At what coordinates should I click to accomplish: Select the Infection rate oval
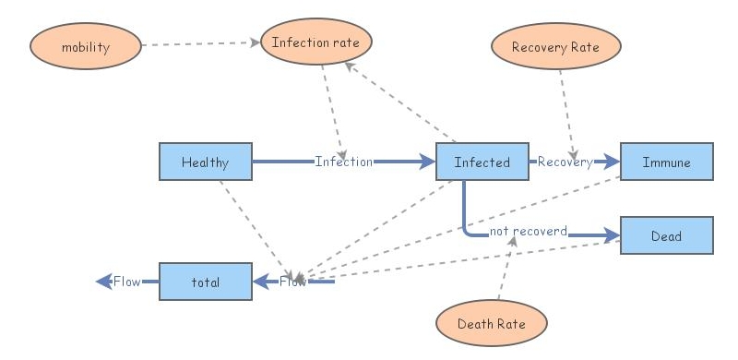coord(315,42)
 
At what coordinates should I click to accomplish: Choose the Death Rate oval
coord(492,324)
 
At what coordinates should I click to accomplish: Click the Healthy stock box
coord(205,162)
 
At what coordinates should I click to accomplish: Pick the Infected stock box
coord(482,162)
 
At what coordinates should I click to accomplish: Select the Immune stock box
coord(666,162)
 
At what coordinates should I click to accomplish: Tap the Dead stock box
coord(666,236)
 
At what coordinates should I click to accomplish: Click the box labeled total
coord(205,282)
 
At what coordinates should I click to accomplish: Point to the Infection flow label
coord(343,162)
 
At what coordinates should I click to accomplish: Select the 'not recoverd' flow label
coord(528,230)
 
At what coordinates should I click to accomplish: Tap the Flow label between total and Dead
coord(293,282)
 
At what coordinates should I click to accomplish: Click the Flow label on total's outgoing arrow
coord(126,282)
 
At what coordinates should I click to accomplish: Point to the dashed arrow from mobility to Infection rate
coord(198,43)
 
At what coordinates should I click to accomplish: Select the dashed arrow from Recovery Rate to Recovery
coord(566,111)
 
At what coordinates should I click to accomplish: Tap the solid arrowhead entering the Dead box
coord(612,236)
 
